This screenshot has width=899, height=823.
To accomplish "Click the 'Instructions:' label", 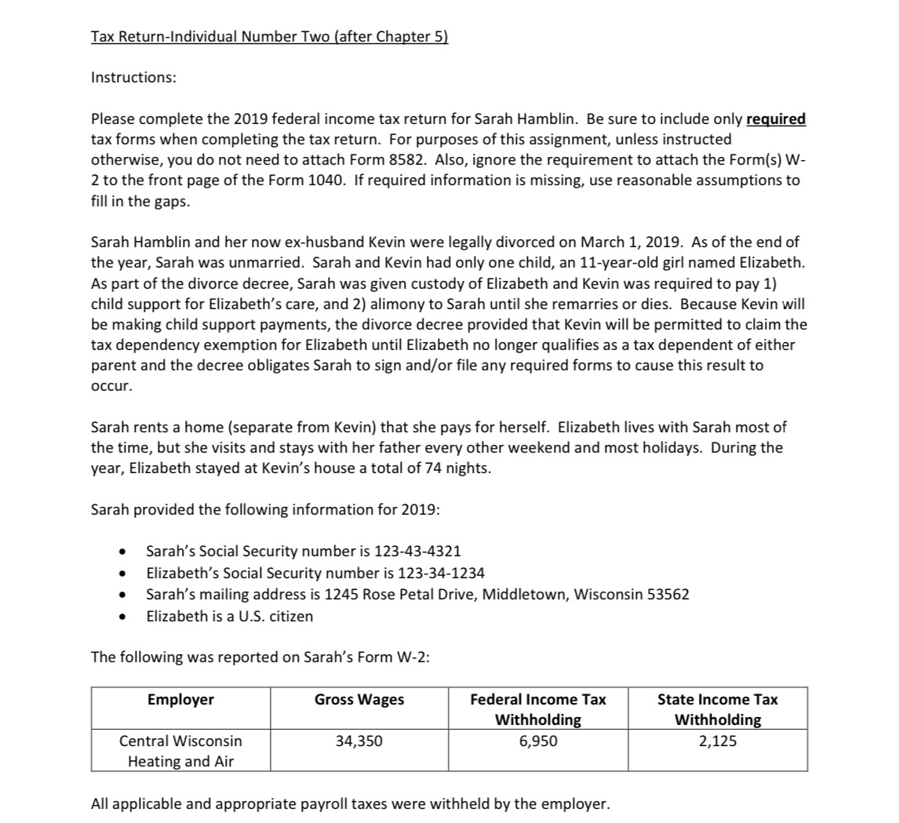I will click(133, 77).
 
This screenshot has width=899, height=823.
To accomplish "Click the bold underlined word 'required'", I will click(775, 119).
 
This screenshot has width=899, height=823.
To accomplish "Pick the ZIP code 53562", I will click(667, 594).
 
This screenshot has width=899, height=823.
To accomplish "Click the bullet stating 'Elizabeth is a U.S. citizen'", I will click(229, 616).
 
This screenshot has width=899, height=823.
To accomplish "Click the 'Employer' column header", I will click(180, 700).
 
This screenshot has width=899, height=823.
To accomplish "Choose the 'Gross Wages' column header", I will click(359, 700).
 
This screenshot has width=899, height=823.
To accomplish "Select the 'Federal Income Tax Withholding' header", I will click(538, 709).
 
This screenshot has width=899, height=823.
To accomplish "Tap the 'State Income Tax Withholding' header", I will click(717, 709).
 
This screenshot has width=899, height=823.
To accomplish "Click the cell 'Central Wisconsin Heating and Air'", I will click(180, 751).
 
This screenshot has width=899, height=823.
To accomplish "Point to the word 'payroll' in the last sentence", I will click(329, 804).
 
